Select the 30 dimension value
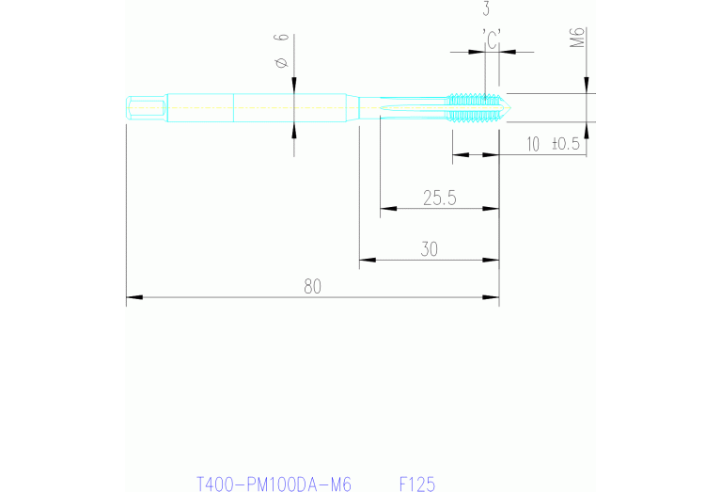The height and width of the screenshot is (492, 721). [430, 249]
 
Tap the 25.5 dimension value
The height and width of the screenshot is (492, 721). [439, 198]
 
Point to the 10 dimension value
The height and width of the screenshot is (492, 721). [533, 144]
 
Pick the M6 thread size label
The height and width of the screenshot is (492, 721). [579, 39]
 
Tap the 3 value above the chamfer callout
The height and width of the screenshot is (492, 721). [486, 10]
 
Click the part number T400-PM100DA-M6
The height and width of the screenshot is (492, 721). [274, 484]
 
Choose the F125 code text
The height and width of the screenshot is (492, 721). [417, 484]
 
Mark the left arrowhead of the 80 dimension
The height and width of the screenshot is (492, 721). [133, 297]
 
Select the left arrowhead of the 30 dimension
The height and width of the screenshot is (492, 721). [366, 259]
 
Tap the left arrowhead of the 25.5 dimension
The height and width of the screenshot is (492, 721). [385, 208]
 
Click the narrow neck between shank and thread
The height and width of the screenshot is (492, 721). [404, 107]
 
